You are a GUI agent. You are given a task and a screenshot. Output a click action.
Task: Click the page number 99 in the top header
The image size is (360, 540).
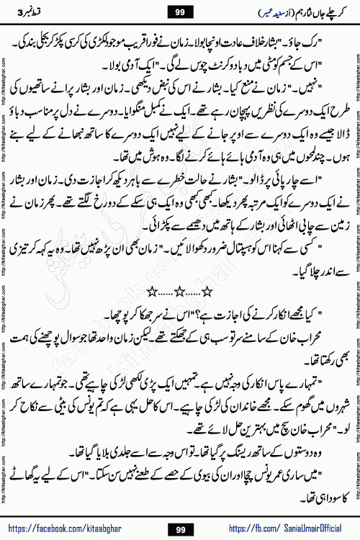coord(179,12)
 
